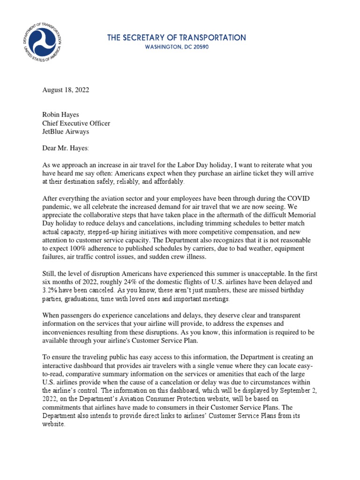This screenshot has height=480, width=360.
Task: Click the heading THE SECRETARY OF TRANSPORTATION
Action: (176, 37)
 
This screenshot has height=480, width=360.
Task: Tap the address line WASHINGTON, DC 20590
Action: (176, 47)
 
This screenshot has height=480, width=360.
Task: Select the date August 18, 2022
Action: (65, 90)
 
